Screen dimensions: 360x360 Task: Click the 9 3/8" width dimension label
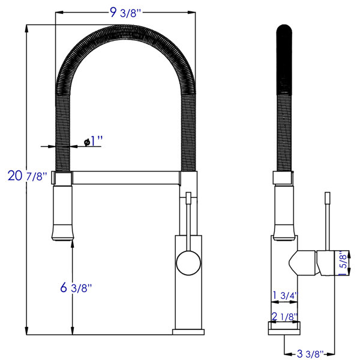[125, 13]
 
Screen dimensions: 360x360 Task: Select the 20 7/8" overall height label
[28, 176]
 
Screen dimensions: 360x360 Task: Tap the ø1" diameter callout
[93, 141]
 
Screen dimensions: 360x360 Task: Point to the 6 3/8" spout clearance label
[76, 287]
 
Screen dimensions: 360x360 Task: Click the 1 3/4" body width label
[285, 295]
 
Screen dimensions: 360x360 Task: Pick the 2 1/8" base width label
[284, 317]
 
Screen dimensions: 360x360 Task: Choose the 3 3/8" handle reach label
[310, 354]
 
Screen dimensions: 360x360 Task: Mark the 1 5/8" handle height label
[343, 263]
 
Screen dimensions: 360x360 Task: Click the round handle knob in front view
[188, 263]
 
